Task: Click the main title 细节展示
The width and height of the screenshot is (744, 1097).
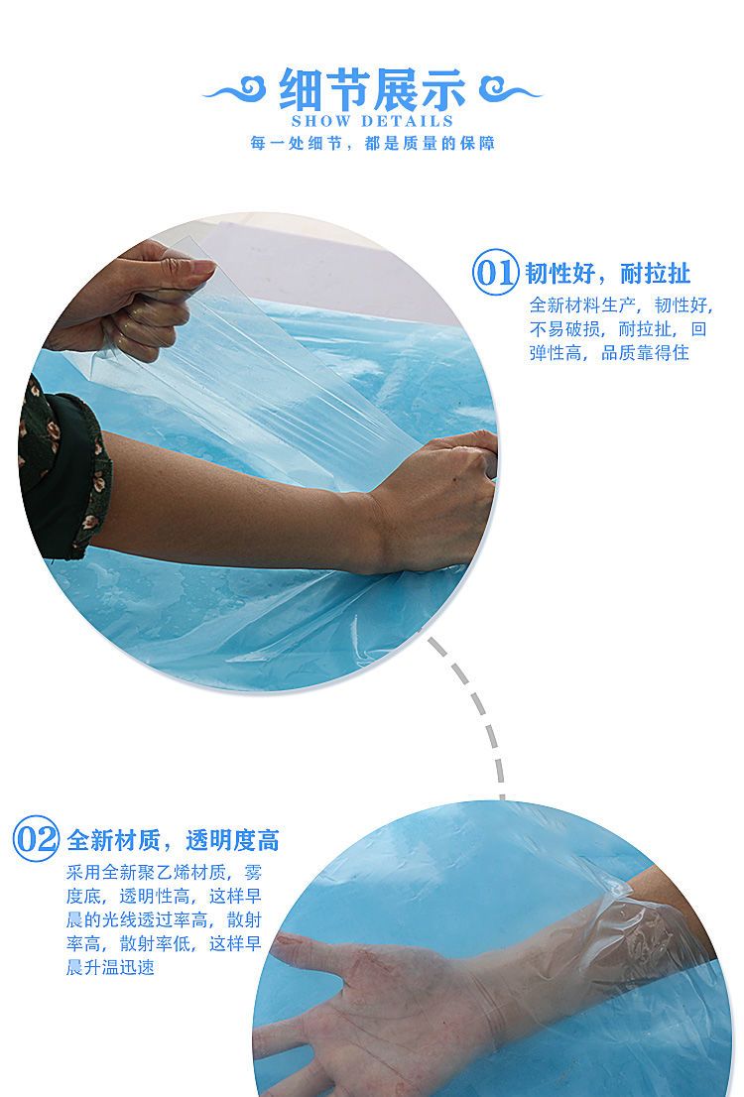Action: [372, 89]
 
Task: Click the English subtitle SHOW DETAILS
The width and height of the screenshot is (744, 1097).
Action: [372, 121]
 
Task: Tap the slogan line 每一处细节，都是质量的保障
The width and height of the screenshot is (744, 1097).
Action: [372, 144]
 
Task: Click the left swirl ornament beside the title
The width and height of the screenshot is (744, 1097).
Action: [235, 89]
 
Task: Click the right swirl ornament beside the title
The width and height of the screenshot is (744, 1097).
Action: [510, 89]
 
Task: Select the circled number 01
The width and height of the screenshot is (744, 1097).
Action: [496, 272]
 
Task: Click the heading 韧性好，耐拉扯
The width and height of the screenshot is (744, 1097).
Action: [607, 273]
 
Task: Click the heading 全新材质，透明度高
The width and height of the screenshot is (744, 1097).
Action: [173, 839]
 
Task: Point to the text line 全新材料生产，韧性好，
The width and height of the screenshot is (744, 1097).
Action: [621, 305]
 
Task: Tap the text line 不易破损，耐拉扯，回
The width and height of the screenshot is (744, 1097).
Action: [618, 329]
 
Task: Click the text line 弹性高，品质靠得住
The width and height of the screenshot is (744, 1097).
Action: [609, 353]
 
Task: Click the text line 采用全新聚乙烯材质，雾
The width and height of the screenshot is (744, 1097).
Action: [164, 873]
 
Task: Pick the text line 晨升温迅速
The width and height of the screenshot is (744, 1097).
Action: [110, 968]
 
